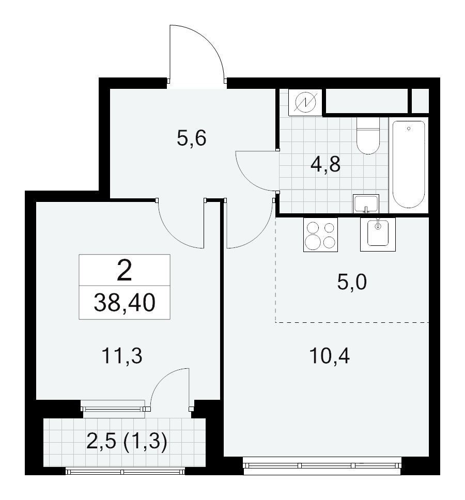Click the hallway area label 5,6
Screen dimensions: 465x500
[191, 138]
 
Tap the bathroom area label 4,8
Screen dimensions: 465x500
[326, 165]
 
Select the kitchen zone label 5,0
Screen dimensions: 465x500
[352, 282]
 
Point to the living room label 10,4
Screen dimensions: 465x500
[330, 356]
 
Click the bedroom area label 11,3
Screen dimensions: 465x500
[122, 356]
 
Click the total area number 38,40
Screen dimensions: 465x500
[125, 303]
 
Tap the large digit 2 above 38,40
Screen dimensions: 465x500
[125, 271]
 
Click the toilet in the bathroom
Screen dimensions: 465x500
[368, 136]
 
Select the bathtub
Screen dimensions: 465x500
[409, 165]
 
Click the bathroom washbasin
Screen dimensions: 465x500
[366, 204]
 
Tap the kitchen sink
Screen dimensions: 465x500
[378, 235]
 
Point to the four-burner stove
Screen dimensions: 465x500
[320, 235]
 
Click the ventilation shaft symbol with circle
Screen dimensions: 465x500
[305, 102]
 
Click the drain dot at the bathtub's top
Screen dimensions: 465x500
[409, 129]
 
